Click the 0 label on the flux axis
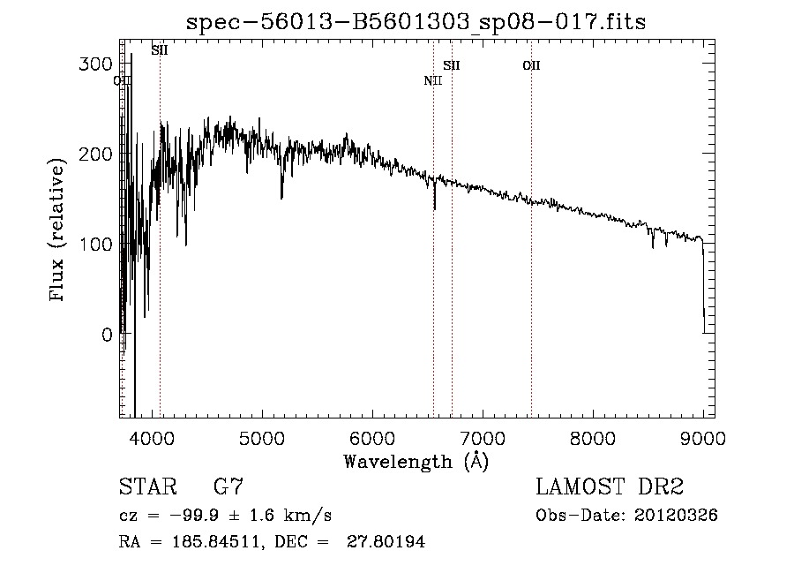106,335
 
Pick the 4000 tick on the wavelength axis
151,439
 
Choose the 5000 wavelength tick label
261,439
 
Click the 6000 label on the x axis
371,439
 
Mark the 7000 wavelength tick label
483,439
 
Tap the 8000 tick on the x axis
593,439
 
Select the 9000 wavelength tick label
703,439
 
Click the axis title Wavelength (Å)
416,461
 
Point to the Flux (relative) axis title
59,231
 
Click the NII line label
432,81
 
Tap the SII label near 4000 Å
160,50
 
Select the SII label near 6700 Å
452,65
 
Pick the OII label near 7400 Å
531,65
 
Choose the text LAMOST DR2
610,487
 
